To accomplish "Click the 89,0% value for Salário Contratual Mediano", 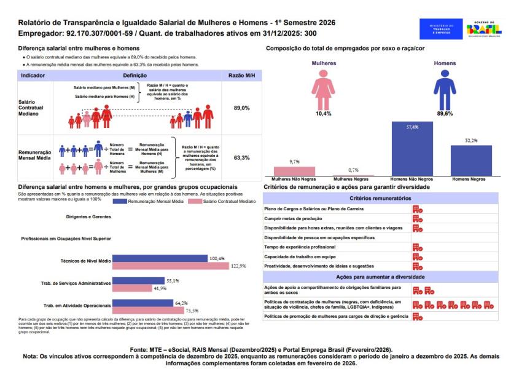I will tap(241, 108).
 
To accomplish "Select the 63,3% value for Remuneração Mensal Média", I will tap(241, 158).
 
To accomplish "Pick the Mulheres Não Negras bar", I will tap(294, 172).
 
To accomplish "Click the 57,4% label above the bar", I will tap(412, 127).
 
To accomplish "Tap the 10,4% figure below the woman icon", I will tap(323, 114).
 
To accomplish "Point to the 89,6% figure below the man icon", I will tap(445, 114).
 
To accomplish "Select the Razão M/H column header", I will tap(241, 75).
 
